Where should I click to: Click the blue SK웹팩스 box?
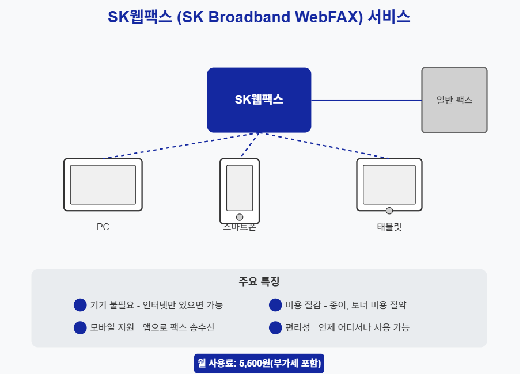tap(259, 100)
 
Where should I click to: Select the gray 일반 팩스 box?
tap(454, 100)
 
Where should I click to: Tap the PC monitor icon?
tap(103, 185)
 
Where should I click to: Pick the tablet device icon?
tap(389, 184)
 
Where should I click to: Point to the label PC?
tap(103, 227)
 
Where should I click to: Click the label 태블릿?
tap(389, 227)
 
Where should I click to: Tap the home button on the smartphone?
tap(240, 217)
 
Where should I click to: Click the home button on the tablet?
tap(389, 211)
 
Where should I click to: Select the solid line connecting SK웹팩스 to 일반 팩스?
tap(366, 100)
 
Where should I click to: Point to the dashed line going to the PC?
tap(182, 145)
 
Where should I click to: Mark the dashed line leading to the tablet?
tap(325, 145)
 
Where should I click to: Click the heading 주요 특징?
tap(259, 282)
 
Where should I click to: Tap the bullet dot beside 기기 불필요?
tap(80, 305)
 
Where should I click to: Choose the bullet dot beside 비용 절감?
tap(275, 305)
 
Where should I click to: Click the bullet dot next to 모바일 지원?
tap(80, 327)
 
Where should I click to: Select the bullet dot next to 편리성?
tap(275, 327)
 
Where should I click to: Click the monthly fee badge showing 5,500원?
tap(259, 363)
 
